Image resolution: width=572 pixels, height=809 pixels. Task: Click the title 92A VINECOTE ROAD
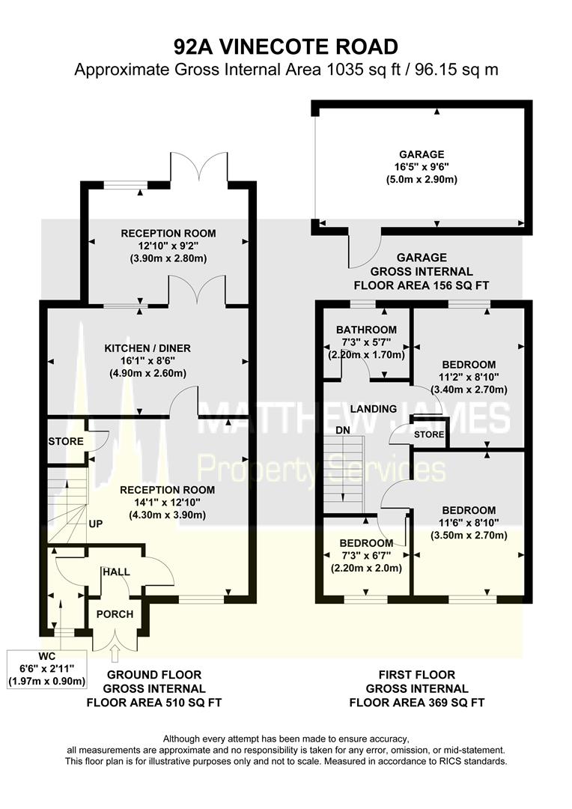pyautogui.click(x=286, y=47)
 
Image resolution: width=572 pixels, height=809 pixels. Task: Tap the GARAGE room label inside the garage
pyautogui.click(x=422, y=154)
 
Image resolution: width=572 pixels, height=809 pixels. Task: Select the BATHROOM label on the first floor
pyautogui.click(x=366, y=330)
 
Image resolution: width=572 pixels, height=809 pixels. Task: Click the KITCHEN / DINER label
pyautogui.click(x=147, y=348)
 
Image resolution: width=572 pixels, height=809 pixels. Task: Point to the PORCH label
pyautogui.click(x=115, y=614)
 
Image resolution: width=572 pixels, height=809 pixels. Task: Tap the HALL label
pyautogui.click(x=116, y=572)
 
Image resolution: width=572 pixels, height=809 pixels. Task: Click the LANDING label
pyautogui.click(x=374, y=409)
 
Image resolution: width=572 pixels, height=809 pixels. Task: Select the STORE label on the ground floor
pyautogui.click(x=66, y=442)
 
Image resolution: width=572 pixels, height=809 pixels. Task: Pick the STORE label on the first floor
pyautogui.click(x=429, y=434)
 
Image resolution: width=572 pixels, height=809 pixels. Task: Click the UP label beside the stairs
pyautogui.click(x=95, y=524)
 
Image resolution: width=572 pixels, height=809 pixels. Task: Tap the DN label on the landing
pyautogui.click(x=342, y=430)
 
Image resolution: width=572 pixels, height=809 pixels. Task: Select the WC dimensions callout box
pyautogui.click(x=46, y=669)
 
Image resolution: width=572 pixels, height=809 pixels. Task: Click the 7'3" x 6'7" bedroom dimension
pyautogui.click(x=365, y=556)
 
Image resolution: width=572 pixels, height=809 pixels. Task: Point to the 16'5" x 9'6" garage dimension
pyautogui.click(x=422, y=167)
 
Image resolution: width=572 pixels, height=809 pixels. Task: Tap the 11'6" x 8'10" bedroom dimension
pyautogui.click(x=469, y=523)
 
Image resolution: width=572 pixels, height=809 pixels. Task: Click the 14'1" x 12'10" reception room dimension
pyautogui.click(x=167, y=502)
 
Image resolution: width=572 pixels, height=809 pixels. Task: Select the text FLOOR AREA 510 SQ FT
pyautogui.click(x=154, y=703)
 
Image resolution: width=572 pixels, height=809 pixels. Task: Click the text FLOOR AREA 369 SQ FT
pyautogui.click(x=417, y=703)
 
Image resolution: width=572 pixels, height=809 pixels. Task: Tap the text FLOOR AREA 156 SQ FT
pyautogui.click(x=422, y=285)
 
